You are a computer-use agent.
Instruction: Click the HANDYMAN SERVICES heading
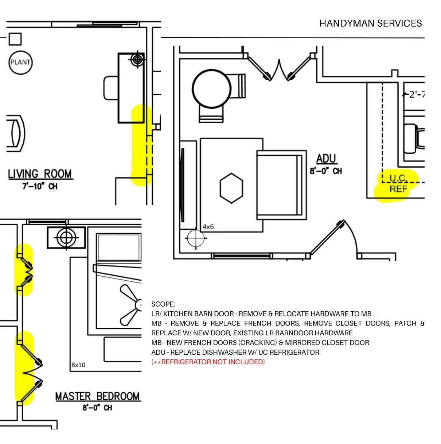coord(370,24)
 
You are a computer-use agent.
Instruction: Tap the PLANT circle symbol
coord(20,62)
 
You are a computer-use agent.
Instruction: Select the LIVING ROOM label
coord(40,174)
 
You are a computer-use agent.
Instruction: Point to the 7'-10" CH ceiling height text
coord(40,186)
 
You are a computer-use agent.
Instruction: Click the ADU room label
coord(326,159)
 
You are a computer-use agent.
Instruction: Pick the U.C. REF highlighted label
coord(398,183)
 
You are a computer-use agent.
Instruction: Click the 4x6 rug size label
coord(208,227)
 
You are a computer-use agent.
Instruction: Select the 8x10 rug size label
coord(78,365)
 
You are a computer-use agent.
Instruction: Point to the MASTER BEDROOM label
coord(97,396)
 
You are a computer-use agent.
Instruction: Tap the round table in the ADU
coord(212,89)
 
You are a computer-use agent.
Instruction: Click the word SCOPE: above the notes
coord(163,304)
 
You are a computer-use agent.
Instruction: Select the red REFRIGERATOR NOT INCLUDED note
coord(208,362)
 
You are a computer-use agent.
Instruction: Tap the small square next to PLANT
coord(15,39)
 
